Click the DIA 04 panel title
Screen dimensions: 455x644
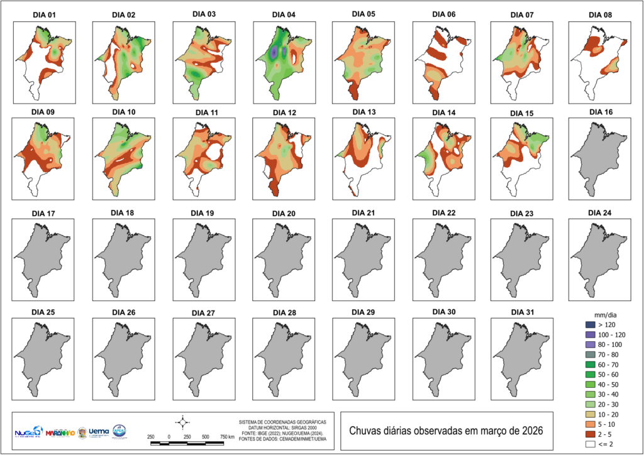coord(284,14)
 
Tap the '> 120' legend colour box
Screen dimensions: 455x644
coord(589,324)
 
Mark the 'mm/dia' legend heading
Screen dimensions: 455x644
coord(605,313)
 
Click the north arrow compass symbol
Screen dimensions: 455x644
coord(182,422)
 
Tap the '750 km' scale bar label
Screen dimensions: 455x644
coord(227,436)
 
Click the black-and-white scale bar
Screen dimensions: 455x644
coord(187,443)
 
